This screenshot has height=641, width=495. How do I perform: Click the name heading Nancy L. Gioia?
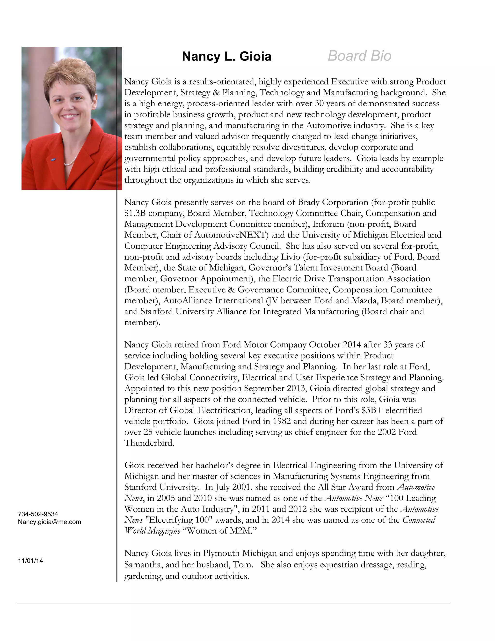point(226,56)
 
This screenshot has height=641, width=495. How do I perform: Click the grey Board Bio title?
point(359,56)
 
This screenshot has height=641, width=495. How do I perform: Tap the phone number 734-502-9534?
point(38,514)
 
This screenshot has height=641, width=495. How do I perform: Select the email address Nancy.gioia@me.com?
point(49,522)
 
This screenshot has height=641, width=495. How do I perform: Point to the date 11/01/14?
point(30,561)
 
